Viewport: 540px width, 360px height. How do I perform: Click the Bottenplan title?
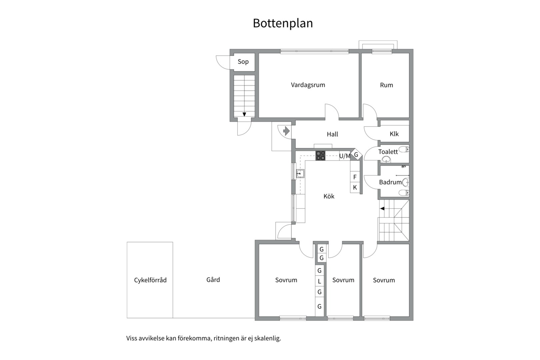tap(283, 23)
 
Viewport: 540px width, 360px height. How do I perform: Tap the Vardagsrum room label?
tap(308, 85)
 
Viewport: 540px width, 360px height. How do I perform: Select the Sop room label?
tap(243, 62)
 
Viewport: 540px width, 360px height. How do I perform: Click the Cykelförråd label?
tap(150, 280)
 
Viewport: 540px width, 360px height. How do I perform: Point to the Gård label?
tap(213, 279)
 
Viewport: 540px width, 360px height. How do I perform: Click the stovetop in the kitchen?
tap(320, 156)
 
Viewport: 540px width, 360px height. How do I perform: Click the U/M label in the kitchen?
tap(345, 156)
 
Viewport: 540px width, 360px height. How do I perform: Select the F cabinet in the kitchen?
tap(355, 177)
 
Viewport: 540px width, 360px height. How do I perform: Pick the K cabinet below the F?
tap(355, 188)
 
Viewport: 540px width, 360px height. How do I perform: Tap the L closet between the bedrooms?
tap(319, 281)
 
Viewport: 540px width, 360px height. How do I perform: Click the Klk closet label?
tap(394, 134)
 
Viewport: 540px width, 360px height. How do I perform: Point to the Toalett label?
tap(388, 152)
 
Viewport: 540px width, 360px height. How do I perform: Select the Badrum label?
tap(390, 182)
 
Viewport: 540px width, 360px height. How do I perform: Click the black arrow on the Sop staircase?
tap(244, 114)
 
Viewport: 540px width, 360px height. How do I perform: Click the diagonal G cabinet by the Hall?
tap(356, 155)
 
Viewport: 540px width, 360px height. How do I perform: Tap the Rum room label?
tap(386, 85)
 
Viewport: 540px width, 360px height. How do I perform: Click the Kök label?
tap(329, 196)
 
